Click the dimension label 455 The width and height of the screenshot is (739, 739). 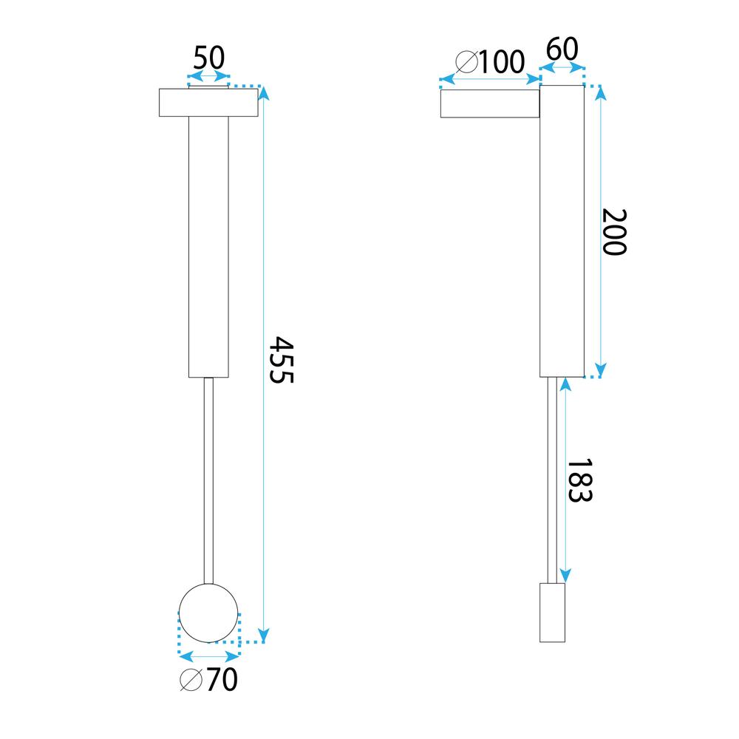coord(281,360)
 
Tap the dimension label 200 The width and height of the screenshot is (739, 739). coord(614,232)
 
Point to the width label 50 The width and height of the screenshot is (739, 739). coord(208,58)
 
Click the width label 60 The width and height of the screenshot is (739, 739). coord(562,49)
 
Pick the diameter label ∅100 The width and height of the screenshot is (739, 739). coord(490,62)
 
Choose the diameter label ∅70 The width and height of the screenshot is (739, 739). coord(209,679)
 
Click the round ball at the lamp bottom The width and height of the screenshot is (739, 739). coord(208,613)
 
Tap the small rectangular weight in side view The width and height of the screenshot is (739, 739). coord(552,613)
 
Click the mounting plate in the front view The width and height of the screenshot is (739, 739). coord(208,103)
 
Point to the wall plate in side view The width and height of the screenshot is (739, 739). coord(490,103)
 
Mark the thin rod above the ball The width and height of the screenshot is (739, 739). coord(208,480)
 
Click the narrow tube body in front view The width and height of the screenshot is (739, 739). coord(208,248)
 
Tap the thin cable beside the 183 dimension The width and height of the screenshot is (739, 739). coord(552,480)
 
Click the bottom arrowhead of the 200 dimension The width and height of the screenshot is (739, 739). coord(600,369)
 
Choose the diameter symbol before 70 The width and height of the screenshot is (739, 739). coord(191,679)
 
